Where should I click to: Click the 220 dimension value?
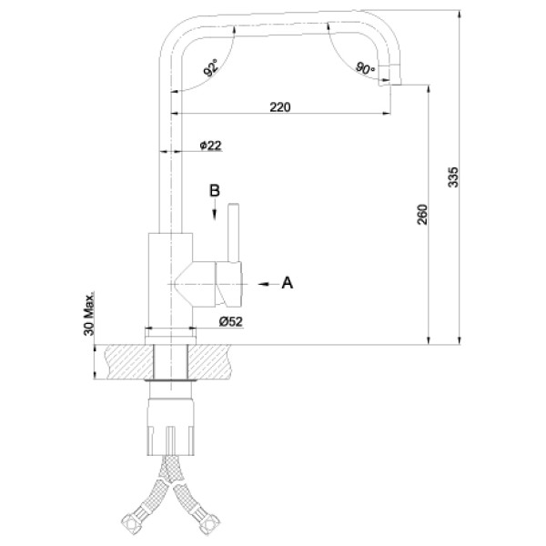pos(279,107)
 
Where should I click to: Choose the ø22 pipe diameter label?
pos(211,146)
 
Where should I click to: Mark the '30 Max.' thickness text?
pos(90,315)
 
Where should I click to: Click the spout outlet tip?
pos(394,82)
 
